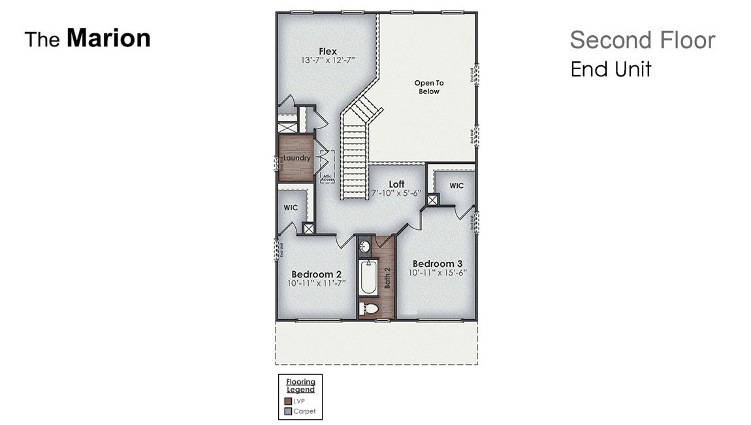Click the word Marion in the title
(x=108, y=39)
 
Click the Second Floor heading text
(x=642, y=40)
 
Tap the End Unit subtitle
(x=611, y=69)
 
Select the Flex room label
(x=327, y=51)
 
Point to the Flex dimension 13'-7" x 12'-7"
(x=327, y=60)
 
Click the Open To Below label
(x=429, y=87)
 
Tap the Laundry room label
(x=297, y=158)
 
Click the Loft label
(x=397, y=184)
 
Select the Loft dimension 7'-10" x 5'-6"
(x=397, y=193)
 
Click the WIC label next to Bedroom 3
(x=456, y=185)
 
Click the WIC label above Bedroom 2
(x=291, y=208)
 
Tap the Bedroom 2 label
(x=317, y=274)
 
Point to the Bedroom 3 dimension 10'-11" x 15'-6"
(x=438, y=273)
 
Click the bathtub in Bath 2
(x=367, y=278)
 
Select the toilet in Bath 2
(x=369, y=308)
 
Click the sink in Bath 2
(x=366, y=247)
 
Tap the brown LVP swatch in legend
(x=288, y=401)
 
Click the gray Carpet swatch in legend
(x=288, y=412)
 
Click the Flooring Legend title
(x=300, y=385)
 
